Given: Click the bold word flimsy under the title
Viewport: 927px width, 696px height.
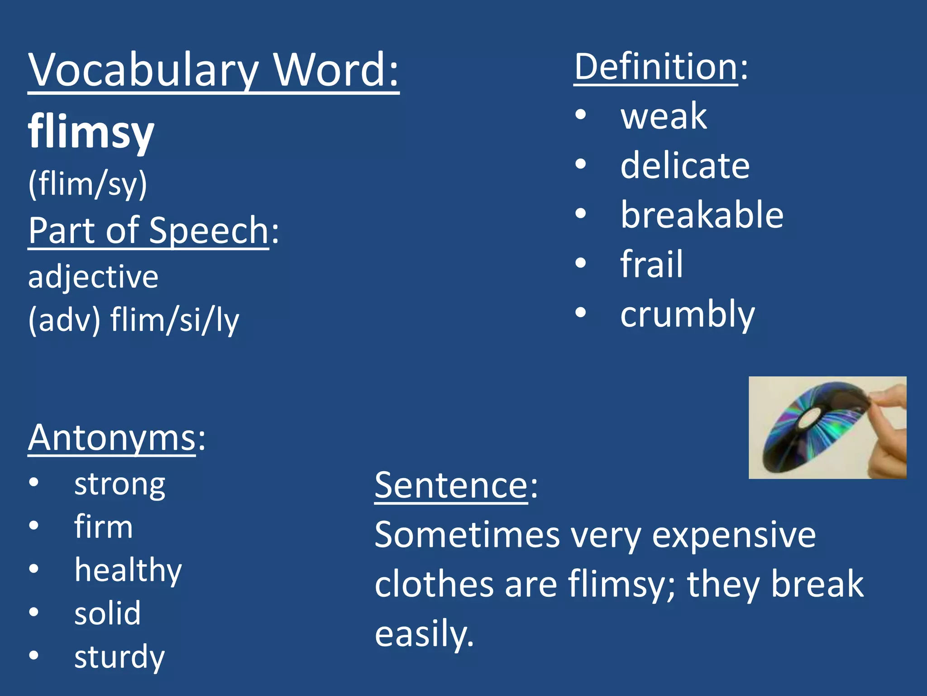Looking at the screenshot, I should pyautogui.click(x=91, y=131).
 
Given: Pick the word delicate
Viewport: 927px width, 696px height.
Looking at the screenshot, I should pyautogui.click(x=684, y=165).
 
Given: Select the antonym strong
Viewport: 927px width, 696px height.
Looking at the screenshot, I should pyautogui.click(x=119, y=484).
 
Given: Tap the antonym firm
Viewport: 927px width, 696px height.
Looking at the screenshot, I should pyautogui.click(x=103, y=527).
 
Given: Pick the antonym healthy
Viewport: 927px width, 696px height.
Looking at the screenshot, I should pyautogui.click(x=128, y=570).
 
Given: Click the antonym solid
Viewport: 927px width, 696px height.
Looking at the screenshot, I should pyautogui.click(x=107, y=613).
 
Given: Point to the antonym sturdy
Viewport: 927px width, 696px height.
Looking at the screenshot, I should pyautogui.click(x=119, y=657).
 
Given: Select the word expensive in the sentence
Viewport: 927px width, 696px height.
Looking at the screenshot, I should pyautogui.click(x=733, y=535).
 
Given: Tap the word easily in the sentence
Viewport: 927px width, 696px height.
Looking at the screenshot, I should pyautogui.click(x=424, y=633).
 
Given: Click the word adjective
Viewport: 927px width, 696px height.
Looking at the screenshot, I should pyautogui.click(x=93, y=277).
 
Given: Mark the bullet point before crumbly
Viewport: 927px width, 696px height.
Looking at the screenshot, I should pyautogui.click(x=581, y=313).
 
